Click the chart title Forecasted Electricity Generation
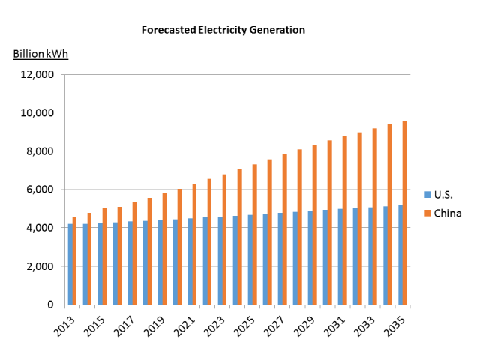tap(223, 31)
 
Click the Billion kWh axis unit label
tap(40, 55)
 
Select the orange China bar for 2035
tap(403, 213)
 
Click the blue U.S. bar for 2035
tap(400, 255)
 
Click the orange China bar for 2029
tap(314, 224)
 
